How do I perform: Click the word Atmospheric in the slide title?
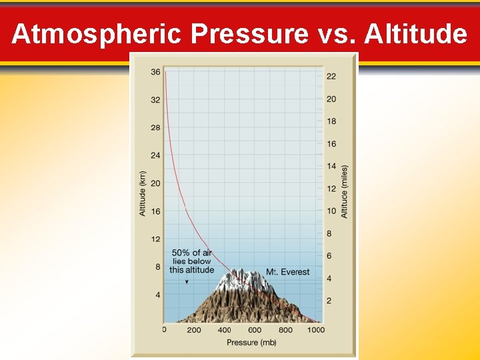click(96, 33)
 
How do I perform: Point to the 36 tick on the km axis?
click(155, 72)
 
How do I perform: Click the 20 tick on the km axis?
click(155, 183)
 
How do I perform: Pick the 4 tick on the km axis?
click(157, 295)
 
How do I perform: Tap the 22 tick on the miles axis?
click(331, 77)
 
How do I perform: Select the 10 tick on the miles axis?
click(331, 211)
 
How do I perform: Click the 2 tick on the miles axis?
click(329, 301)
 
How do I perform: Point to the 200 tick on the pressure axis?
click(194, 330)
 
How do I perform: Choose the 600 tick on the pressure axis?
click(255, 330)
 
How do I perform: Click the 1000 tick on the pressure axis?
click(316, 330)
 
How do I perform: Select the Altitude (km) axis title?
click(143, 193)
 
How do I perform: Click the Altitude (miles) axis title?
click(345, 191)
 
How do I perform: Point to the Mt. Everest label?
click(287, 272)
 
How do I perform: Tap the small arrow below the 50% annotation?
click(187, 282)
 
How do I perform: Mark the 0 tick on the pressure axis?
click(165, 330)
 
